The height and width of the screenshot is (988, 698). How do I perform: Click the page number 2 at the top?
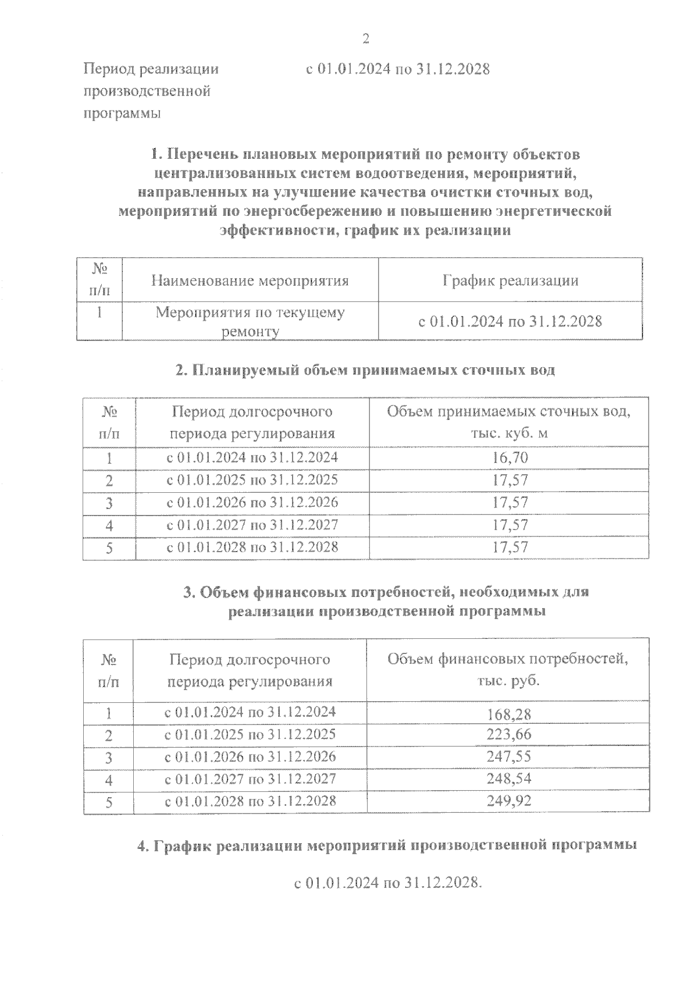[366, 39]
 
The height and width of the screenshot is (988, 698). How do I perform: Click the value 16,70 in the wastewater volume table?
[510, 458]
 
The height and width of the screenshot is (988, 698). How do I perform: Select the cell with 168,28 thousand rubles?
[509, 714]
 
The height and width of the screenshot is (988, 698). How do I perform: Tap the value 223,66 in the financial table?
[509, 734]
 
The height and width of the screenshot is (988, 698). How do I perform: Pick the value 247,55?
[509, 756]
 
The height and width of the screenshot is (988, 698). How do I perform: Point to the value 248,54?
[509, 779]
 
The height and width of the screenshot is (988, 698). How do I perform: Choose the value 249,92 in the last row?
[509, 801]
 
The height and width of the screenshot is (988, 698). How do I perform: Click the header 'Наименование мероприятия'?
[250, 281]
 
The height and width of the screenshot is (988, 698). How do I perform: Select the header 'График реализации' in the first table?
[510, 281]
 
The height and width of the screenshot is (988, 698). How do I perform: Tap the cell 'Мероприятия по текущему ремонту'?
[250, 321]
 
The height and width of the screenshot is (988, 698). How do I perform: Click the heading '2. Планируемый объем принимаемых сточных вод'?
[365, 370]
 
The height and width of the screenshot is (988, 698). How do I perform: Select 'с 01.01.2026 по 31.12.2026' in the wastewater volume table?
[252, 502]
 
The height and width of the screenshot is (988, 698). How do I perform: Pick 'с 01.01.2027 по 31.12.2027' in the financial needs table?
[250, 779]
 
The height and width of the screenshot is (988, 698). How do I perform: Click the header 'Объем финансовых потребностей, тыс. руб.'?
[508, 669]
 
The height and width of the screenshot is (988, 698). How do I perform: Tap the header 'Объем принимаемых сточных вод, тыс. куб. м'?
[509, 422]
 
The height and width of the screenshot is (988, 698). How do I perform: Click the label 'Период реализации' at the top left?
[151, 69]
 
